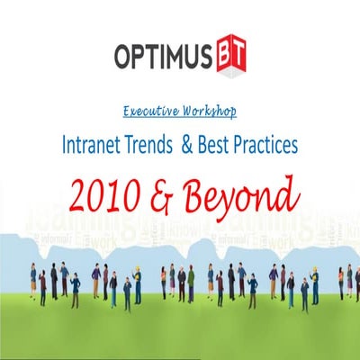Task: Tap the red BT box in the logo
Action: click(230, 57)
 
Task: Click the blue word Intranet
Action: click(93, 142)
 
